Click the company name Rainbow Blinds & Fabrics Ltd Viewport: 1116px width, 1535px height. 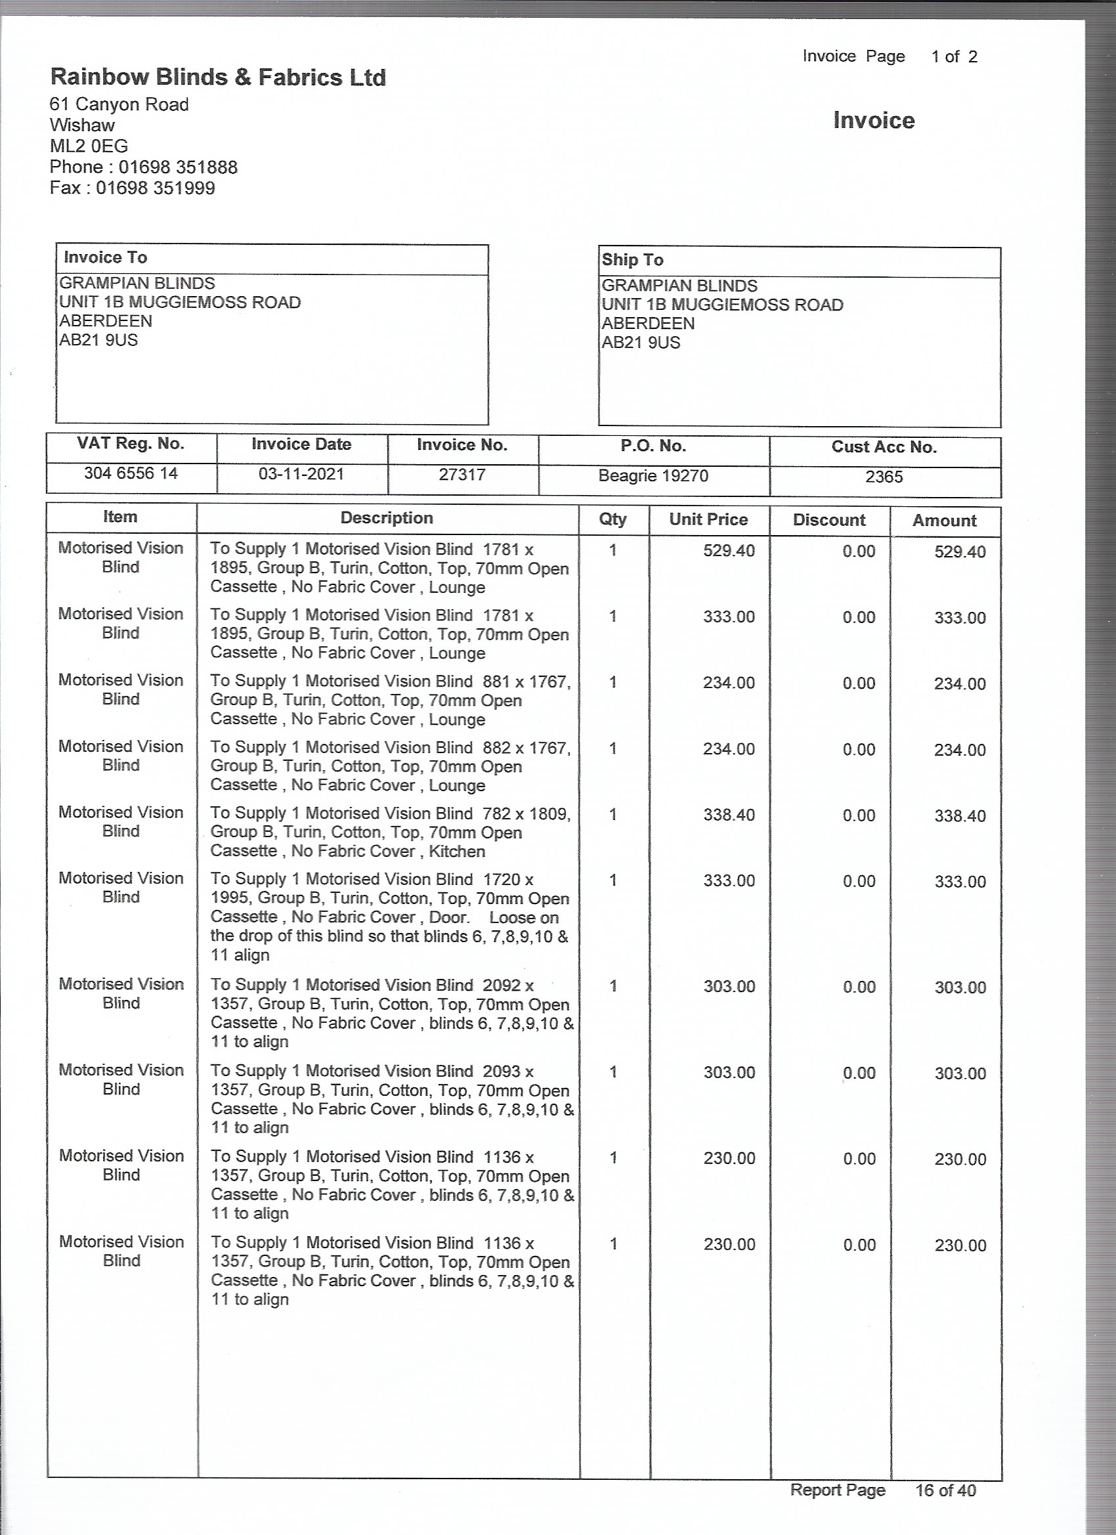point(218,77)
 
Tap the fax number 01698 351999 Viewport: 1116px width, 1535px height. point(155,188)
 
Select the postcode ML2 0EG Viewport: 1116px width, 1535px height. point(89,146)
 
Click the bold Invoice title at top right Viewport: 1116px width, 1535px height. point(874,120)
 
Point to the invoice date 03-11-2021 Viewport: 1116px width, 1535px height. point(301,474)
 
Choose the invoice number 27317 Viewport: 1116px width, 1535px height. point(462,475)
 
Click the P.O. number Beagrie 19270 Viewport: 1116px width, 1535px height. point(653,476)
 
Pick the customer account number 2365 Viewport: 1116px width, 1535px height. point(884,477)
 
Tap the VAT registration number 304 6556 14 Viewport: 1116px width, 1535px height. point(131,473)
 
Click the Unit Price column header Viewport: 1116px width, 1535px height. point(708,519)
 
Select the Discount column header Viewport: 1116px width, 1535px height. point(829,520)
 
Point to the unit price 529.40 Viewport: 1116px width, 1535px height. point(728,550)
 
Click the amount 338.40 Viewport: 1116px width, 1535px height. point(960,815)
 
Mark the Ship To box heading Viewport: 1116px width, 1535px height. point(633,260)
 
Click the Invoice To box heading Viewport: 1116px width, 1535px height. point(106,257)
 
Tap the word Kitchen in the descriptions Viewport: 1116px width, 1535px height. point(457,851)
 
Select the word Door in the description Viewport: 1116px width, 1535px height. point(448,917)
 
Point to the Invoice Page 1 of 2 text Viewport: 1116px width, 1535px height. point(890,57)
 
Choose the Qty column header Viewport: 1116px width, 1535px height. point(612,519)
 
